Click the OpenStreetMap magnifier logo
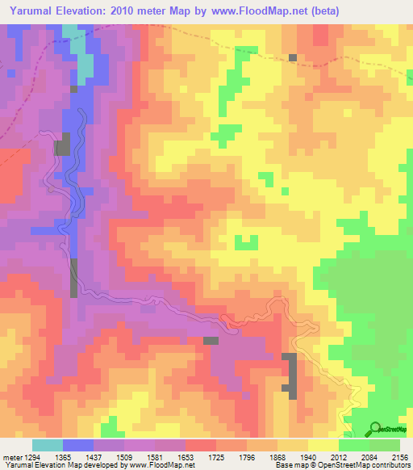point(376,428)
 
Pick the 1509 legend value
point(125,457)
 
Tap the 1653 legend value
point(186,457)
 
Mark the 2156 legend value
point(399,457)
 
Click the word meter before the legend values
point(12,457)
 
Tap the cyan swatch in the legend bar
point(47,445)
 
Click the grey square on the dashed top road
point(293,57)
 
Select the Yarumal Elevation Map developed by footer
point(65,465)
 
